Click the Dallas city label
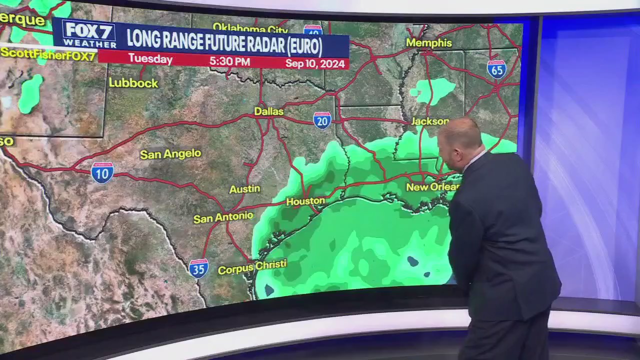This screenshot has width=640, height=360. tap(269, 111)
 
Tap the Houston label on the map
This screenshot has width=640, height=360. tap(305, 201)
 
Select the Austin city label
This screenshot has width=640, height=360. tap(244, 189)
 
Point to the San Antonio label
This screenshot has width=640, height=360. tap(223, 217)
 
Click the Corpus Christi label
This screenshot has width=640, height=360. tap(252, 267)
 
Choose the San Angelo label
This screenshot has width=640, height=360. tap(170, 154)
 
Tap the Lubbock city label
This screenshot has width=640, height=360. tap(133, 83)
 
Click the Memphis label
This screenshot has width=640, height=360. tap(429, 43)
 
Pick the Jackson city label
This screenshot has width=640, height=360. tap(429, 121)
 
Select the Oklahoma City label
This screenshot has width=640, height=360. tap(250, 27)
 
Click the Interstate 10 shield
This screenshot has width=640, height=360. tap(102, 172)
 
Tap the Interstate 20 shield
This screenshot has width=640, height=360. tap(322, 120)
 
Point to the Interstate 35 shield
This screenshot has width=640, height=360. tap(198, 268)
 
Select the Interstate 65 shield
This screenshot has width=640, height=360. tap(496, 69)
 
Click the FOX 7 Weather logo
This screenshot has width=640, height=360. tap(89, 34)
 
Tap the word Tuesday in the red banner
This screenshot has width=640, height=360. tap(150, 59)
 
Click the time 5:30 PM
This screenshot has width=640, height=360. tap(229, 61)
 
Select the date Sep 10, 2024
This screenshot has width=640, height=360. tap(315, 63)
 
